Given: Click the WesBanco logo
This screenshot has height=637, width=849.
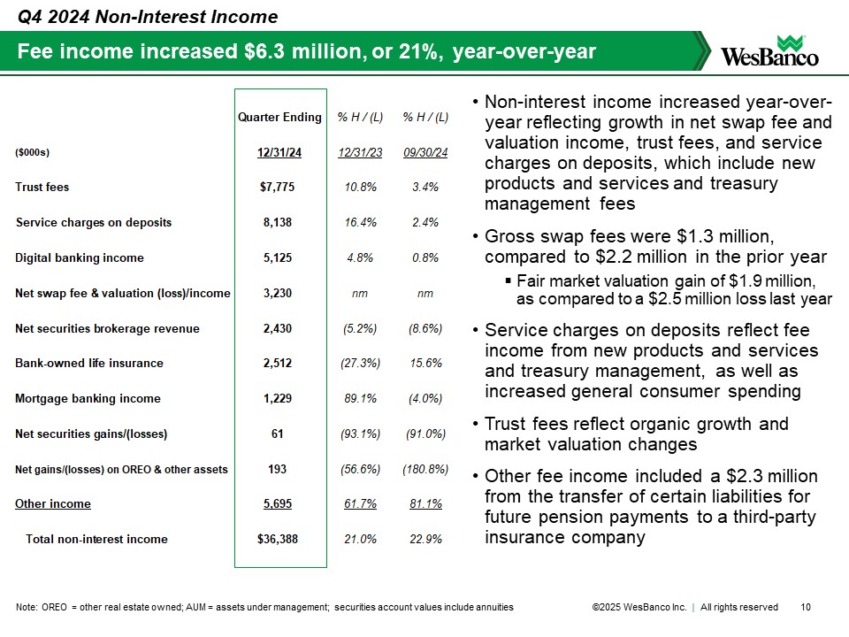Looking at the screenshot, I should (x=769, y=50).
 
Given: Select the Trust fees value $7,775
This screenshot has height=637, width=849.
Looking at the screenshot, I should (x=279, y=188).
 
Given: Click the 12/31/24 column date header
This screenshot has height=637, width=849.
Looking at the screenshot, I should (x=279, y=153).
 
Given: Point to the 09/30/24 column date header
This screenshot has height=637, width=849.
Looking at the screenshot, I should (x=425, y=153).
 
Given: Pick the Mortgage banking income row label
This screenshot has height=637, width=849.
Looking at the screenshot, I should (x=88, y=399).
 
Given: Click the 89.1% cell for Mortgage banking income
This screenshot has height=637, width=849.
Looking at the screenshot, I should (x=360, y=399).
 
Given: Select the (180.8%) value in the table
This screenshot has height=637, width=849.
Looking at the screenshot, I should (x=425, y=469).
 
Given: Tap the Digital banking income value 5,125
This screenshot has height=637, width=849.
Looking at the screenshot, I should (x=279, y=258).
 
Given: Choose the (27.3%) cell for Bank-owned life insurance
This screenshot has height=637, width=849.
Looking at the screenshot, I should (x=360, y=364).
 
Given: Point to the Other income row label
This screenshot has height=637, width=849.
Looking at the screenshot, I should (x=53, y=504).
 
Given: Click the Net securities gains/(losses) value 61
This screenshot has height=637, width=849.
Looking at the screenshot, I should (x=279, y=434).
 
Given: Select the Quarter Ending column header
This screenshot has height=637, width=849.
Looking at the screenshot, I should (x=279, y=118).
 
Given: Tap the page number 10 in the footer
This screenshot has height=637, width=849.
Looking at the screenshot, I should (x=805, y=607).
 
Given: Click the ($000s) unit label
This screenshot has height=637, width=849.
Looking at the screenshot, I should (x=33, y=153).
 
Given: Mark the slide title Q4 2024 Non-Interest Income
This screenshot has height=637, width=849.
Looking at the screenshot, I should (x=149, y=17).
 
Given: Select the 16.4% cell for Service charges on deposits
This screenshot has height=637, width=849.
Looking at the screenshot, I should (x=360, y=223).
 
